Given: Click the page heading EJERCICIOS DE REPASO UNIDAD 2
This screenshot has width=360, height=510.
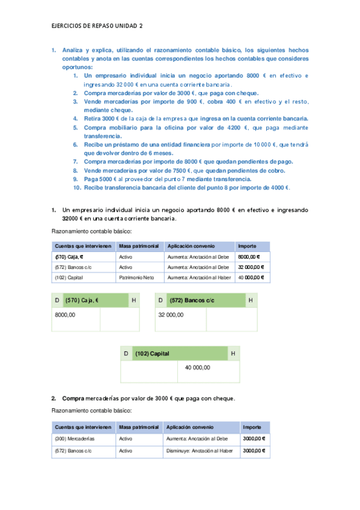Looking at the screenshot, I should (97, 26).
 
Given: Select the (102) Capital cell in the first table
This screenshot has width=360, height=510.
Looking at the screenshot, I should (68, 278).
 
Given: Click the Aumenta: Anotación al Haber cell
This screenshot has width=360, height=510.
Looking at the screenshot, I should (198, 278).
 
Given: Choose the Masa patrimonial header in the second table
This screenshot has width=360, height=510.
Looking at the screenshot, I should (139, 427).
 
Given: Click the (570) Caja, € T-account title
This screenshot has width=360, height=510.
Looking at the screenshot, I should (82, 300).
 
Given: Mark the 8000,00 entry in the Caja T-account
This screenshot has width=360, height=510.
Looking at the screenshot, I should (65, 315).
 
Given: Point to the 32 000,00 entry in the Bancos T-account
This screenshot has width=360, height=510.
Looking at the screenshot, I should (172, 315).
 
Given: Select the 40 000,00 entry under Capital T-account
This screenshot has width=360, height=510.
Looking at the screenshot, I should (197, 367).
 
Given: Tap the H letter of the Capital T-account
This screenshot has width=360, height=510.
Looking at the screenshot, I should (233, 354).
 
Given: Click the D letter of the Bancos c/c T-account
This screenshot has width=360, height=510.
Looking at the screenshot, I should (160, 300).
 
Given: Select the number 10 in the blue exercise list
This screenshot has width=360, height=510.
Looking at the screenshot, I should (77, 188).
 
